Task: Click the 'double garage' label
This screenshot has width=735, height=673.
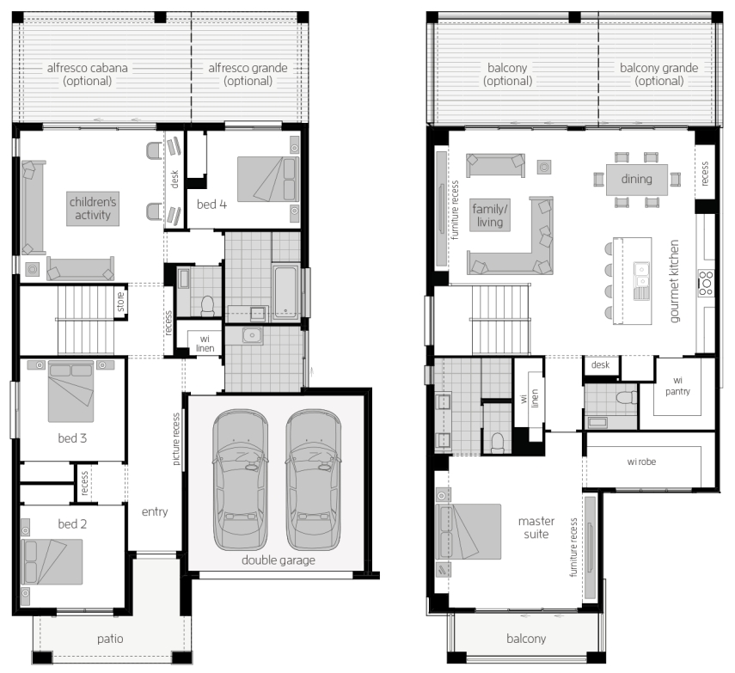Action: pyautogui.click(x=278, y=560)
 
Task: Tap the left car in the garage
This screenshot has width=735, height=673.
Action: pyautogui.click(x=240, y=480)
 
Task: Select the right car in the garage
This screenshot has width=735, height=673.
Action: pyautogui.click(x=313, y=480)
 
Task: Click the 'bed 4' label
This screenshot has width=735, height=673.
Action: pyautogui.click(x=211, y=205)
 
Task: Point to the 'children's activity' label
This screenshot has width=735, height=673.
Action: pyautogui.click(x=93, y=209)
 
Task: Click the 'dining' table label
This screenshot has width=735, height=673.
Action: pyautogui.click(x=636, y=179)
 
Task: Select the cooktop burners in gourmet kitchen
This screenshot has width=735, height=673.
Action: pyautogui.click(x=706, y=283)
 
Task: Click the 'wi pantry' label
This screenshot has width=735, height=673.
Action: pyautogui.click(x=677, y=386)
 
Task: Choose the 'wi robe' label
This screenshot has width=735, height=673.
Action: pyautogui.click(x=641, y=462)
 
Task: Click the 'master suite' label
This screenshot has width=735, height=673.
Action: pyautogui.click(x=536, y=528)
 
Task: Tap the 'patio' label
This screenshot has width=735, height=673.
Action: pyautogui.click(x=110, y=639)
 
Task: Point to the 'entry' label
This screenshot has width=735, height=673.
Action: pyautogui.click(x=155, y=511)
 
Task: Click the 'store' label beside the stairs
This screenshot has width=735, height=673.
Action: pyautogui.click(x=121, y=302)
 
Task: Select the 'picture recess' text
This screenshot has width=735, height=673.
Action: pyautogui.click(x=176, y=439)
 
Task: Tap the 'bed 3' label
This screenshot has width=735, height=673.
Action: pyautogui.click(x=72, y=438)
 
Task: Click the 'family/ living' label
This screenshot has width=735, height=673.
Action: pyautogui.click(x=490, y=216)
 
